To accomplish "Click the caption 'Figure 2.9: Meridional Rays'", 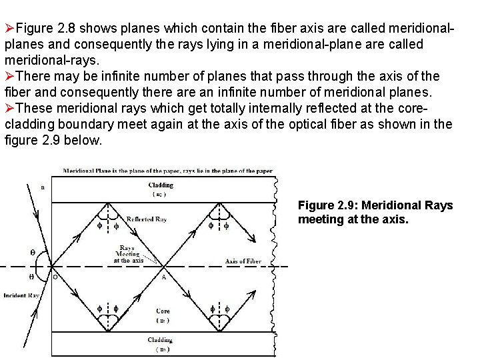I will click(x=375, y=205).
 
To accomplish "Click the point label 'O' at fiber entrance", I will click(x=55, y=277).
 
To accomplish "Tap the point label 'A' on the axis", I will click(x=164, y=277).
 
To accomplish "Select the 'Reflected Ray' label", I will click(x=147, y=219).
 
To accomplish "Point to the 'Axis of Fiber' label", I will click(x=243, y=261).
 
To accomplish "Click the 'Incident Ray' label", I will click(x=21, y=295).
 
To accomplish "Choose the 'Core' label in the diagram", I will click(x=163, y=311).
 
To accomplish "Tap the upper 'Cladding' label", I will click(x=161, y=185).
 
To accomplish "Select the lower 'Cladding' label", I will click(x=160, y=340).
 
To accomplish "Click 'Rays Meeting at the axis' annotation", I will click(x=127, y=254).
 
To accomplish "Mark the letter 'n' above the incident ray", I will click(x=43, y=188).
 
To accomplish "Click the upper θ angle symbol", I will click(x=33, y=253).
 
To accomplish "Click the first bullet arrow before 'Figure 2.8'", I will click(x=9, y=29).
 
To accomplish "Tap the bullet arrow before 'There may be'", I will click(x=9, y=76).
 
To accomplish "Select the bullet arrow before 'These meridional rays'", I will click(x=9, y=108).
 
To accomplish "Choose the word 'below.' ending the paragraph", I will click(x=83, y=140).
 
